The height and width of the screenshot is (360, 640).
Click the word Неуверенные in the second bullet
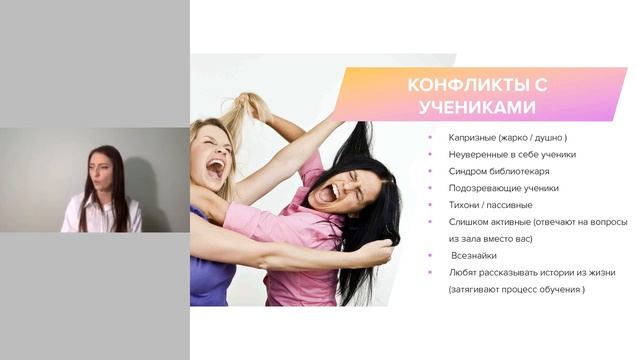pyautogui.click(x=478, y=154)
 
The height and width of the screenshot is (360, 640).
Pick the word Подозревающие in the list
pyautogui.click(x=482, y=188)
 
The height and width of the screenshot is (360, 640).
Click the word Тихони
pyautogui.click(x=464, y=205)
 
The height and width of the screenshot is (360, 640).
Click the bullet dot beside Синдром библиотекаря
pyautogui.click(x=430, y=171)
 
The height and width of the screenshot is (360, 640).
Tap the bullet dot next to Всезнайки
pyautogui.click(x=430, y=256)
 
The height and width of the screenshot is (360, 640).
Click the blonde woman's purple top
pyautogui.click(x=212, y=275)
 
